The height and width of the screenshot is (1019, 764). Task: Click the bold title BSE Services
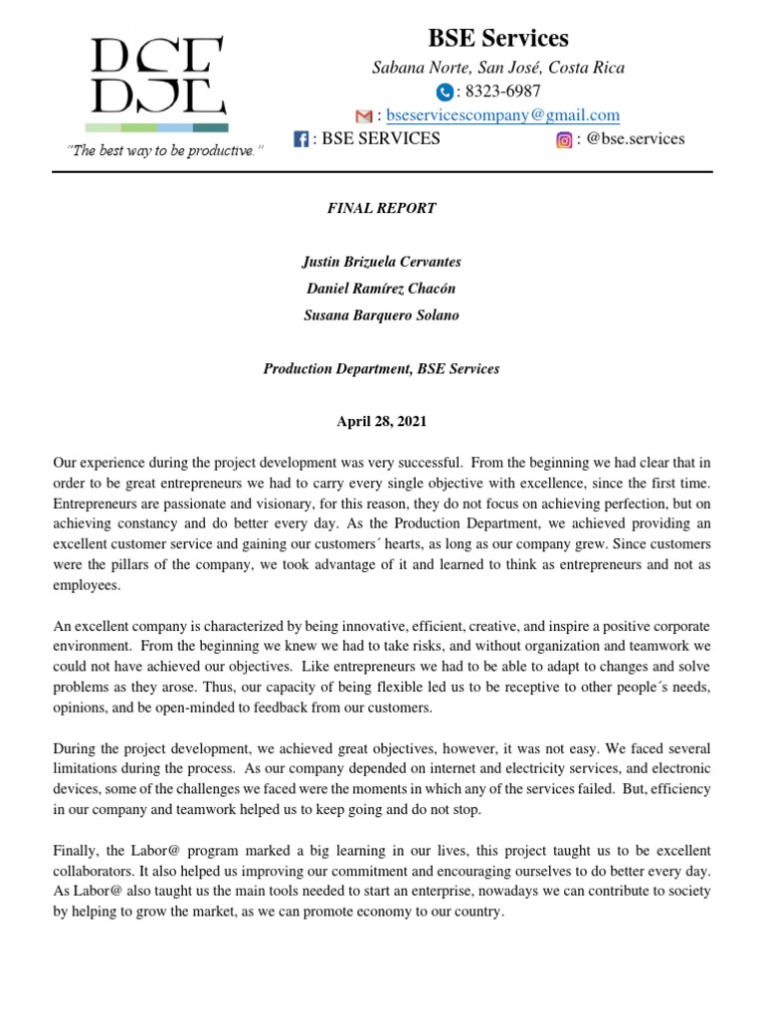(498, 39)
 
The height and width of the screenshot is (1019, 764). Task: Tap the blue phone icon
(444, 92)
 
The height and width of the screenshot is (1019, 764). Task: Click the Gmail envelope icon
(363, 116)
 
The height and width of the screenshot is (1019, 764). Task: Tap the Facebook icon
(300, 140)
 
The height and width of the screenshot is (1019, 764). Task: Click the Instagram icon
(564, 140)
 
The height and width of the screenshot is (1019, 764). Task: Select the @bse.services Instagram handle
(636, 139)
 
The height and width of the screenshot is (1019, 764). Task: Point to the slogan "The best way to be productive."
(165, 150)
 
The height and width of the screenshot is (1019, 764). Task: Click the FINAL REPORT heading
(381, 209)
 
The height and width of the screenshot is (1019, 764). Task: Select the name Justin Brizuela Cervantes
(381, 262)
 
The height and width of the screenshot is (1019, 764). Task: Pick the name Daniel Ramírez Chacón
(381, 289)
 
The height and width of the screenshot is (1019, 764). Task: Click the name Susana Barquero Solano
(381, 315)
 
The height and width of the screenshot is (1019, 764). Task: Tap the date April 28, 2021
(381, 422)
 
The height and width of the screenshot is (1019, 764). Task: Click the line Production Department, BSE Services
(381, 369)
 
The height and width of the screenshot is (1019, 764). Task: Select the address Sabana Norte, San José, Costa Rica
(498, 68)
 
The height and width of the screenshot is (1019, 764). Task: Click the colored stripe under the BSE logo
(156, 127)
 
